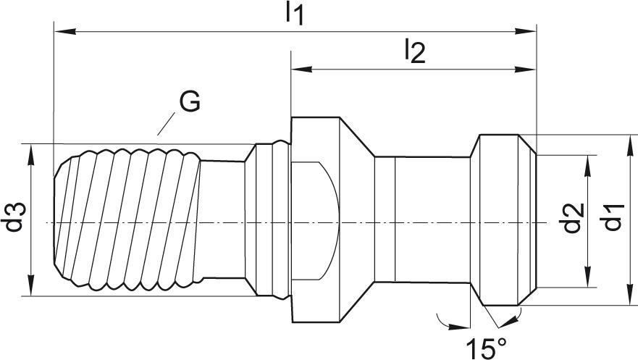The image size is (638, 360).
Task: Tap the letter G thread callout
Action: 190,103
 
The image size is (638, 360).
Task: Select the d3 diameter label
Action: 15,218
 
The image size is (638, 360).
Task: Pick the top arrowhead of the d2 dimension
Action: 587,161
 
